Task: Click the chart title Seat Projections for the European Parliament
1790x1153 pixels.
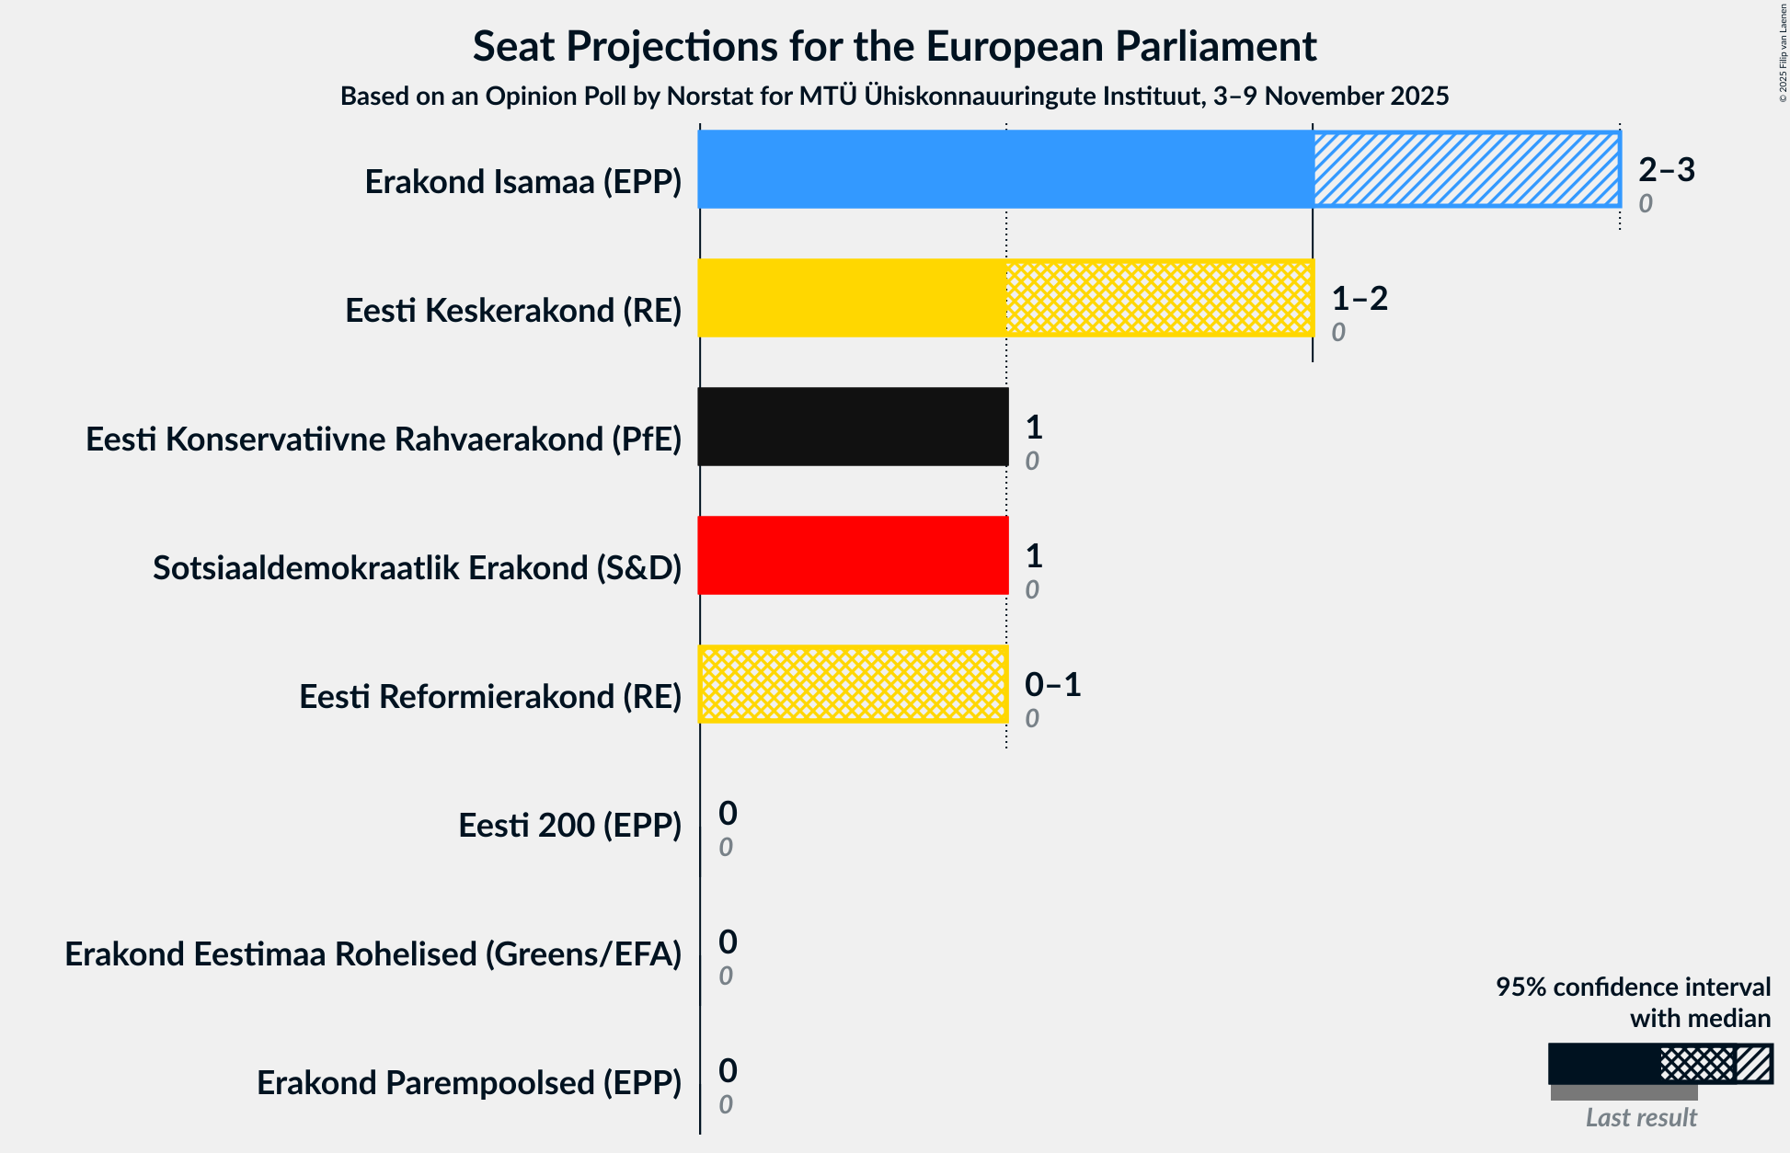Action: [x=894, y=46]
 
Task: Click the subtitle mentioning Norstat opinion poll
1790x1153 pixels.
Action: [x=894, y=96]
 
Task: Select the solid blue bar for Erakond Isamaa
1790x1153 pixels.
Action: [x=1004, y=169]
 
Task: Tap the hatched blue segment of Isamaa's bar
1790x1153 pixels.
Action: [x=1466, y=169]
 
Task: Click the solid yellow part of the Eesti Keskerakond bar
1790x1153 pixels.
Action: [x=852, y=298]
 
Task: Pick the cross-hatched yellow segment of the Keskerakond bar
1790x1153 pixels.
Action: [x=1159, y=298]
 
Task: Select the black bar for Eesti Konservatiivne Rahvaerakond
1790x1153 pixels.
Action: [x=853, y=427]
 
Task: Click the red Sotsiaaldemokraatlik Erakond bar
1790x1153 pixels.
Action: [x=853, y=555]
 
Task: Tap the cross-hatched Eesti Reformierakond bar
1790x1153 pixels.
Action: [x=853, y=684]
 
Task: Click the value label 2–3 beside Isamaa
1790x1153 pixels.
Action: [x=1666, y=169]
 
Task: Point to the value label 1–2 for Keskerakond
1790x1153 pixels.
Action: [x=1360, y=298]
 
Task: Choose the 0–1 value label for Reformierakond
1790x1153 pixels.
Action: [x=1052, y=684]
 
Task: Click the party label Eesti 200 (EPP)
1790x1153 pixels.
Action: [x=569, y=826]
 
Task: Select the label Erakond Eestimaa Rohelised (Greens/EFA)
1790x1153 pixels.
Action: [x=373, y=954]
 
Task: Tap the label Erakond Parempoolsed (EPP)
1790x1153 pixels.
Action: [x=469, y=1083]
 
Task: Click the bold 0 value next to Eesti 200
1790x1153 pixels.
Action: [x=728, y=813]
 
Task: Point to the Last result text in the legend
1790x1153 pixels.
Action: [x=1641, y=1118]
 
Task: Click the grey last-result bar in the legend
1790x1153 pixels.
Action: [x=1624, y=1093]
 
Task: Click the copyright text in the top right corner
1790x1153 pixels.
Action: [x=1783, y=51]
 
